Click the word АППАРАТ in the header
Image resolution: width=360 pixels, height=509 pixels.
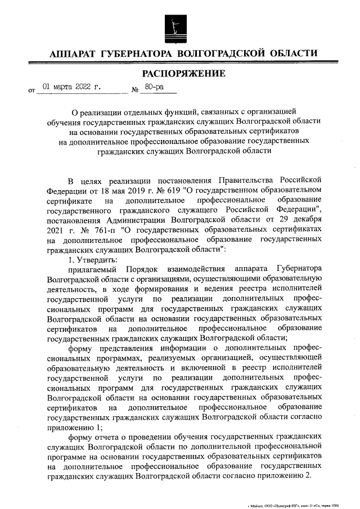[72, 54]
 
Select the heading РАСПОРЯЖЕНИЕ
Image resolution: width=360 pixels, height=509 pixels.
[183, 74]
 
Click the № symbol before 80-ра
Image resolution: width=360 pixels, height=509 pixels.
[135, 89]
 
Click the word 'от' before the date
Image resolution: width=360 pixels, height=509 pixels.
[31, 90]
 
